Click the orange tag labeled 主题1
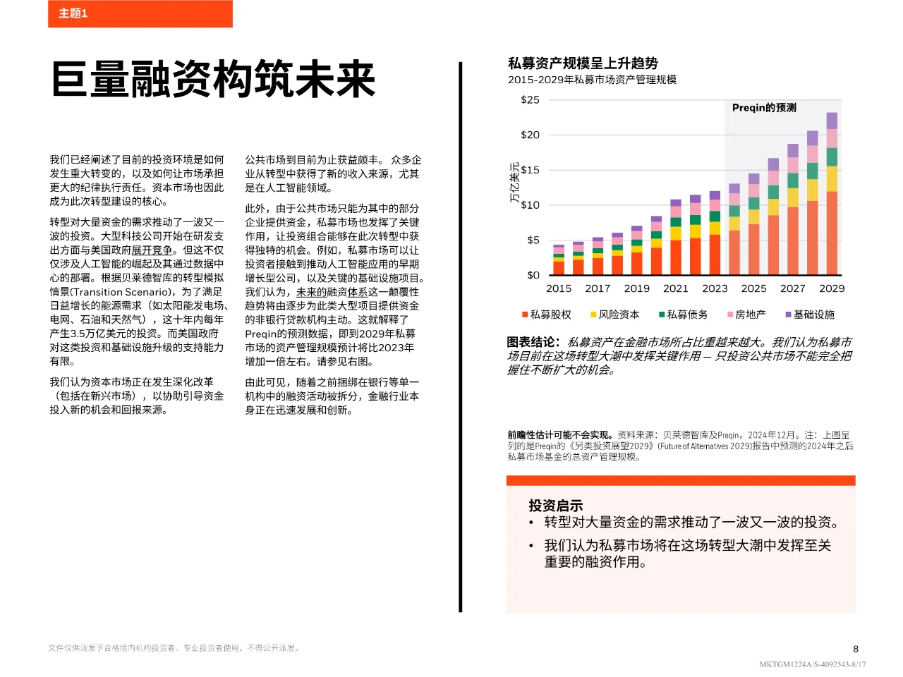pos(73,13)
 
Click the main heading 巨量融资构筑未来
pos(213,79)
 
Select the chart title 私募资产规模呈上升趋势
pos(583,63)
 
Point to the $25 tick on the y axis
pos(530,100)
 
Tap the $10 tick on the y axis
pos(530,205)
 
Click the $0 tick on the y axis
pos(533,275)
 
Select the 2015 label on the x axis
pos(559,288)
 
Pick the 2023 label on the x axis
pos(715,288)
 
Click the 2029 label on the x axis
pos(832,288)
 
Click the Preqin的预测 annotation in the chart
pos(764,108)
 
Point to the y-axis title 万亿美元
pos(514,183)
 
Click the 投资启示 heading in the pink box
pos(556,506)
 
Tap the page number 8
pos(856,649)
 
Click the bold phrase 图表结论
pos(533,342)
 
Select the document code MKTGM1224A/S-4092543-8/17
pos(812,664)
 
